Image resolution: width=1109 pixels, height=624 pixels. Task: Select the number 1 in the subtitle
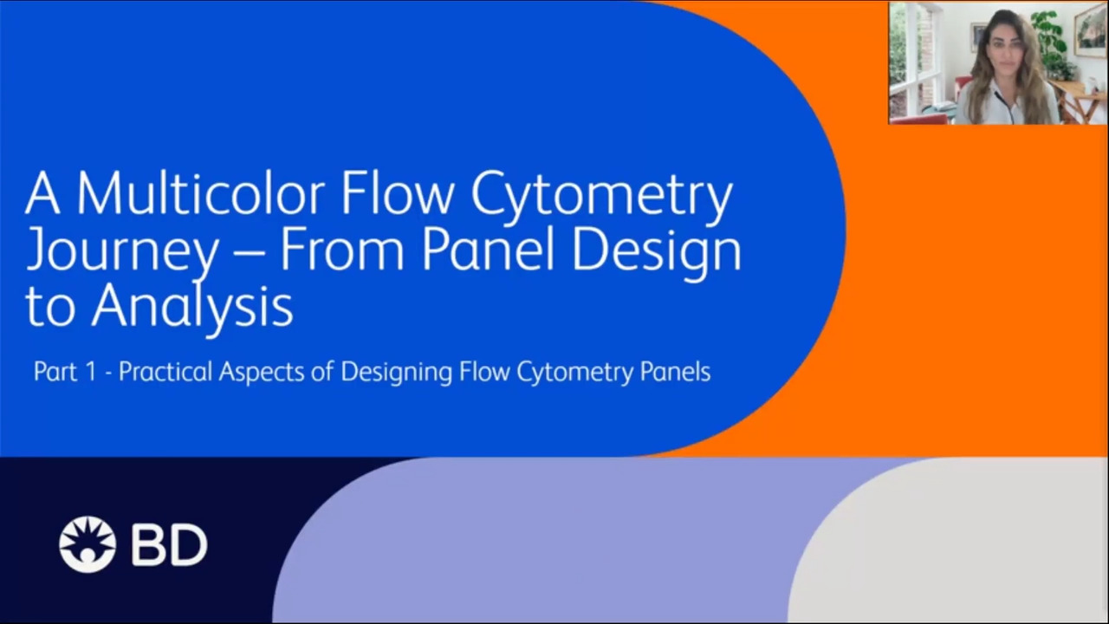(x=91, y=372)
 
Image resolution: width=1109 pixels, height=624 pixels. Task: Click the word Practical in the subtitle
(x=165, y=372)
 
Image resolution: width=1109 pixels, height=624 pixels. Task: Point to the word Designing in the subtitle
(x=396, y=373)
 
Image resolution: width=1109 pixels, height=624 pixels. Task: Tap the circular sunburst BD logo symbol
(x=88, y=544)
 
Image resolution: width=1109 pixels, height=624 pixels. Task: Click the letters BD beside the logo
(x=169, y=545)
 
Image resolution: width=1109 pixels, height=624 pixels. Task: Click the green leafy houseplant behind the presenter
(x=1052, y=40)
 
